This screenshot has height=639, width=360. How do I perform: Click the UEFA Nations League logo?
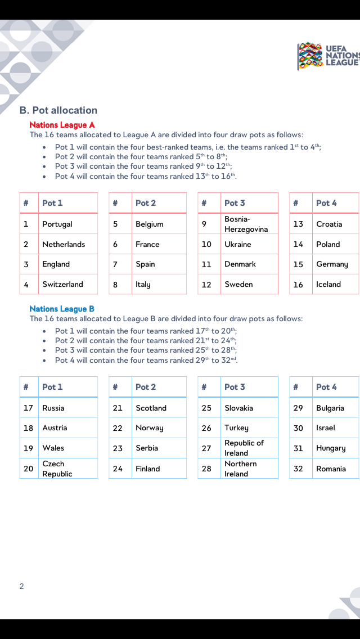[327, 56]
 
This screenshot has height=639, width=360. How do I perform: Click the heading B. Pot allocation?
[58, 110]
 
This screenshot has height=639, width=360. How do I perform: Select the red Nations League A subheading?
[62, 125]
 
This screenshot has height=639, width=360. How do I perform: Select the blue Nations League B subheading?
[62, 309]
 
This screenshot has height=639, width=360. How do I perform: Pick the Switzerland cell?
[62, 285]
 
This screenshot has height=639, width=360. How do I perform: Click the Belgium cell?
[150, 224]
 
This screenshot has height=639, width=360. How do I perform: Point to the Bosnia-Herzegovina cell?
[246, 224]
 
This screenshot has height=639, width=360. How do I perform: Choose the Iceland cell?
[328, 285]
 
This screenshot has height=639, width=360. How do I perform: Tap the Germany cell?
[332, 264]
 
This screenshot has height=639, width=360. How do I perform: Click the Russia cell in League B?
[53, 408]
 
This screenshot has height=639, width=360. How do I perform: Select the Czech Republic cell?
[57, 469]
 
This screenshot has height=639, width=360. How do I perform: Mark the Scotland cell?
[151, 408]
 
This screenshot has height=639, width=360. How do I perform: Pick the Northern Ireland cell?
[241, 469]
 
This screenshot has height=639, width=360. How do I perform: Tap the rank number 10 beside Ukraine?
[206, 244]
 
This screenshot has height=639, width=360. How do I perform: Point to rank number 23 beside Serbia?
[118, 448]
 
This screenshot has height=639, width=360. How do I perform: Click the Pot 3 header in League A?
[235, 203]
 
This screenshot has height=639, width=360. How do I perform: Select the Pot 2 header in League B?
[146, 387]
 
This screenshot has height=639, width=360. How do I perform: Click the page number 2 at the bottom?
[21, 586]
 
